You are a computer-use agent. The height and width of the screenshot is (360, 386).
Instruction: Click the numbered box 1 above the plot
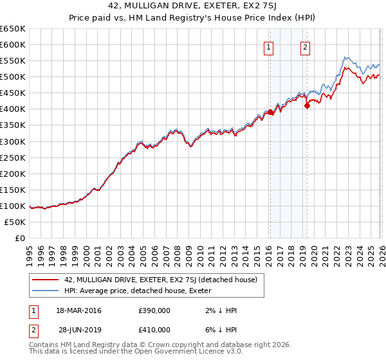point(268,46)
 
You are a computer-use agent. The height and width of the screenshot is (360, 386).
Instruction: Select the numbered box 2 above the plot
point(305,46)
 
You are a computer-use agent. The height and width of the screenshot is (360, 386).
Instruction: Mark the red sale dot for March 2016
point(270,113)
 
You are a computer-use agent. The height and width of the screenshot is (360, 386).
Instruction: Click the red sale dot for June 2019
point(307,106)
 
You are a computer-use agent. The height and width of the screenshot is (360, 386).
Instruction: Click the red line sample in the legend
point(46,280)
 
